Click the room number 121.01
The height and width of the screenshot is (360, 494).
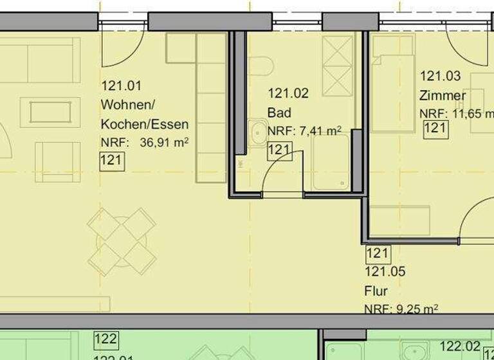121,85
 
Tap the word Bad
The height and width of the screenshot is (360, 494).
279,113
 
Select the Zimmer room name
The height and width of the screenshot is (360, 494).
443,96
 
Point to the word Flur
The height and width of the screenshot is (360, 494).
376,291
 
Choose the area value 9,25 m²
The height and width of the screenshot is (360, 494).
416,309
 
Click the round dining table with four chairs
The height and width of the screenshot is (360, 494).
121,241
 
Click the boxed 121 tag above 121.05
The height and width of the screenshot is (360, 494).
377,254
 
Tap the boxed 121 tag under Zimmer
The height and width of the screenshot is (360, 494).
435,129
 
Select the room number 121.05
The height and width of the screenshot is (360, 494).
385,272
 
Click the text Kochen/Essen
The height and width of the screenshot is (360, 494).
145,123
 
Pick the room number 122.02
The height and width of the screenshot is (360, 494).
460,347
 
